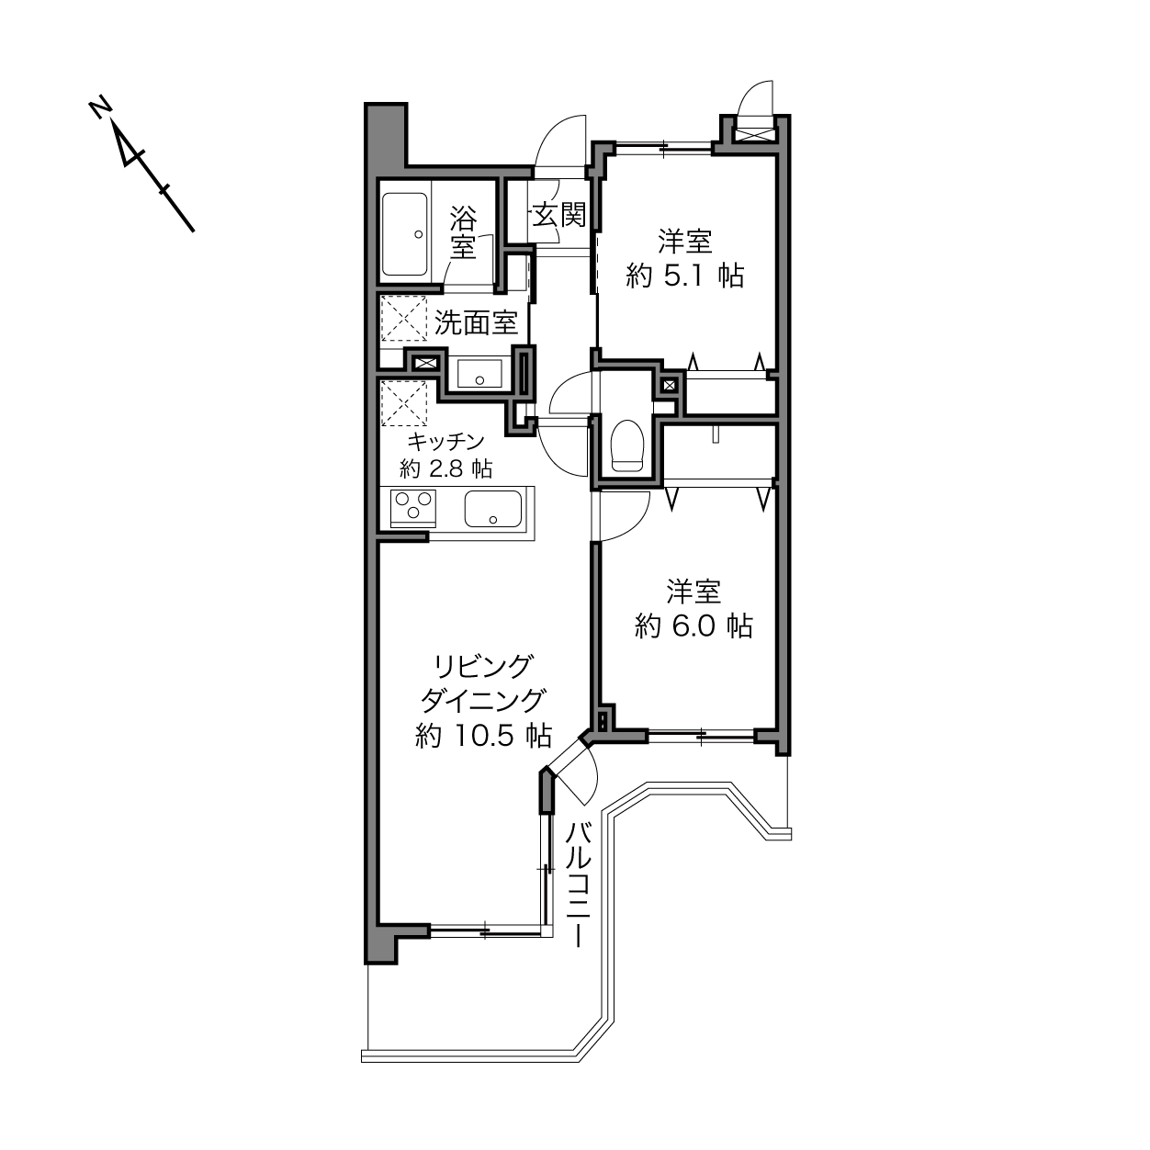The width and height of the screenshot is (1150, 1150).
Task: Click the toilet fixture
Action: point(627,445)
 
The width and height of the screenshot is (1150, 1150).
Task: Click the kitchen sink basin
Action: point(493,509)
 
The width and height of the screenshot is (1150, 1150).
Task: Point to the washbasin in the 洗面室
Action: point(479,373)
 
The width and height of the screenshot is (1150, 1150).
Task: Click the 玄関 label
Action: point(559,215)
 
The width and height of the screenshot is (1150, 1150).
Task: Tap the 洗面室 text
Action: point(476,322)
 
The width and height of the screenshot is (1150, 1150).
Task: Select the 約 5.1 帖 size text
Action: point(684,276)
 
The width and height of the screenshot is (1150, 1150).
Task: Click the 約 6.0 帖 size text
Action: point(693,626)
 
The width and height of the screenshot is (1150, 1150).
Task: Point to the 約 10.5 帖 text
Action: point(483,736)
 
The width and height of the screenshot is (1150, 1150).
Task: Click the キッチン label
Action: point(445,442)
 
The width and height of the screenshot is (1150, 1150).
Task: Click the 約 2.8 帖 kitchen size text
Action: point(445,469)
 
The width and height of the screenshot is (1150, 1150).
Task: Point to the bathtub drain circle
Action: point(418,234)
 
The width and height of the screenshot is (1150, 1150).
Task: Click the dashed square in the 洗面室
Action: point(404,318)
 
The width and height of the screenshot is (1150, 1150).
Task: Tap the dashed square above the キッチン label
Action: point(404,403)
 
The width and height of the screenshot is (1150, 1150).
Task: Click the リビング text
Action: point(482,667)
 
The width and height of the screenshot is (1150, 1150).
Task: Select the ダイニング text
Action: point(483,701)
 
